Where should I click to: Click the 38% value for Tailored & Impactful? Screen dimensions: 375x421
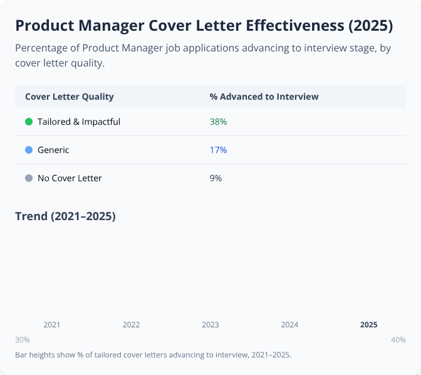(x=218, y=122)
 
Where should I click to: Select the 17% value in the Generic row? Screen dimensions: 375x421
(x=218, y=150)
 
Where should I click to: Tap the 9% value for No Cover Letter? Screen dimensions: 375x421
(x=216, y=178)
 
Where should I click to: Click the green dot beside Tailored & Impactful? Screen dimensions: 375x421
(x=29, y=122)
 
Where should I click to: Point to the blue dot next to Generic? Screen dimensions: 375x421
(x=29, y=150)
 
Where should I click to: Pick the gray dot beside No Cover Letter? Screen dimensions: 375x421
(x=29, y=178)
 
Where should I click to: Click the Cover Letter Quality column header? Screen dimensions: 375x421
(x=69, y=97)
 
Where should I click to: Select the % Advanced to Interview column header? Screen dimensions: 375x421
(x=264, y=97)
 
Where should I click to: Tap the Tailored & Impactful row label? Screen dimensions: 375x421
(x=79, y=122)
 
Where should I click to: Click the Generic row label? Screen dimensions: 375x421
(x=53, y=150)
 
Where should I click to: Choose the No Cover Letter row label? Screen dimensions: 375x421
(x=70, y=178)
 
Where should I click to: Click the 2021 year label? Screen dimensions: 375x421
(x=52, y=325)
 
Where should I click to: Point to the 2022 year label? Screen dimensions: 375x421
(x=131, y=325)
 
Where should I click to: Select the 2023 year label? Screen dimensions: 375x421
(x=210, y=325)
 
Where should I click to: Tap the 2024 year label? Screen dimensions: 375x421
(x=289, y=325)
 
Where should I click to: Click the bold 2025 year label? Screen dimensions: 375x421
(x=368, y=325)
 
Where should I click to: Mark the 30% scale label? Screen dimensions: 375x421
(x=23, y=340)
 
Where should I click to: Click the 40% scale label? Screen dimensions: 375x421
(x=398, y=340)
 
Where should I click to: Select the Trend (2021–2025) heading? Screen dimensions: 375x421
(x=65, y=216)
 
